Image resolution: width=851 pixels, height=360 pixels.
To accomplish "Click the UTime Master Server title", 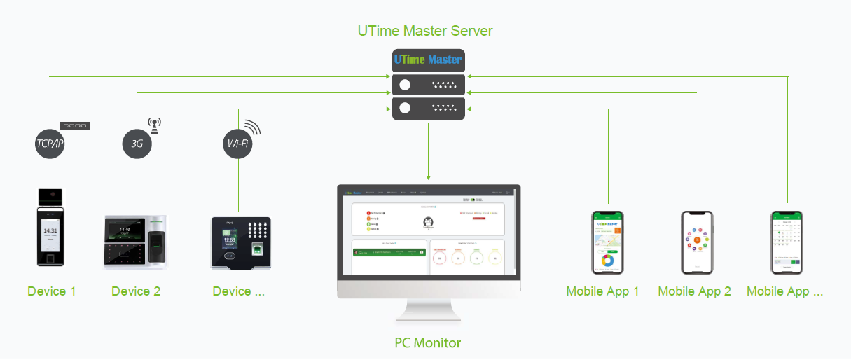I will point(425,31).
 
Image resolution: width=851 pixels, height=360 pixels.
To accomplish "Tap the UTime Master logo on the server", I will point(428,60).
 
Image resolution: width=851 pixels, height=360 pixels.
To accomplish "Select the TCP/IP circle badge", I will point(50,144).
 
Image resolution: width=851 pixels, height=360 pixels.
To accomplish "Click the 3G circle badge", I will point(137,144).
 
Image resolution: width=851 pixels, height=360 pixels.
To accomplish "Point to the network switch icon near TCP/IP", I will point(75,126).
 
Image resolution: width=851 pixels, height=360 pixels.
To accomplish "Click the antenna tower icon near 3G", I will point(154,125).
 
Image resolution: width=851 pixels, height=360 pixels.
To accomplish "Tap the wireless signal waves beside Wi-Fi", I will point(252,128).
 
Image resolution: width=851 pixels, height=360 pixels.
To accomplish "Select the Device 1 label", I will point(51,291).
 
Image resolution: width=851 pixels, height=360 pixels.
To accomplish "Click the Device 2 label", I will point(136,291).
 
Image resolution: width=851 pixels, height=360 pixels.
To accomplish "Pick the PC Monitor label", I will point(427,342).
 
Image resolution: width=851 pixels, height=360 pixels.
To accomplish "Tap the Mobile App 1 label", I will point(602,291).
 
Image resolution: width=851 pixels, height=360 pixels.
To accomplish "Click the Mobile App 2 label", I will point(694,291).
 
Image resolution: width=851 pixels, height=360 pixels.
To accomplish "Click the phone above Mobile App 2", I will point(697,242).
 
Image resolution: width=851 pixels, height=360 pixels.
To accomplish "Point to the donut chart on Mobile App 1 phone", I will point(607,261).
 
